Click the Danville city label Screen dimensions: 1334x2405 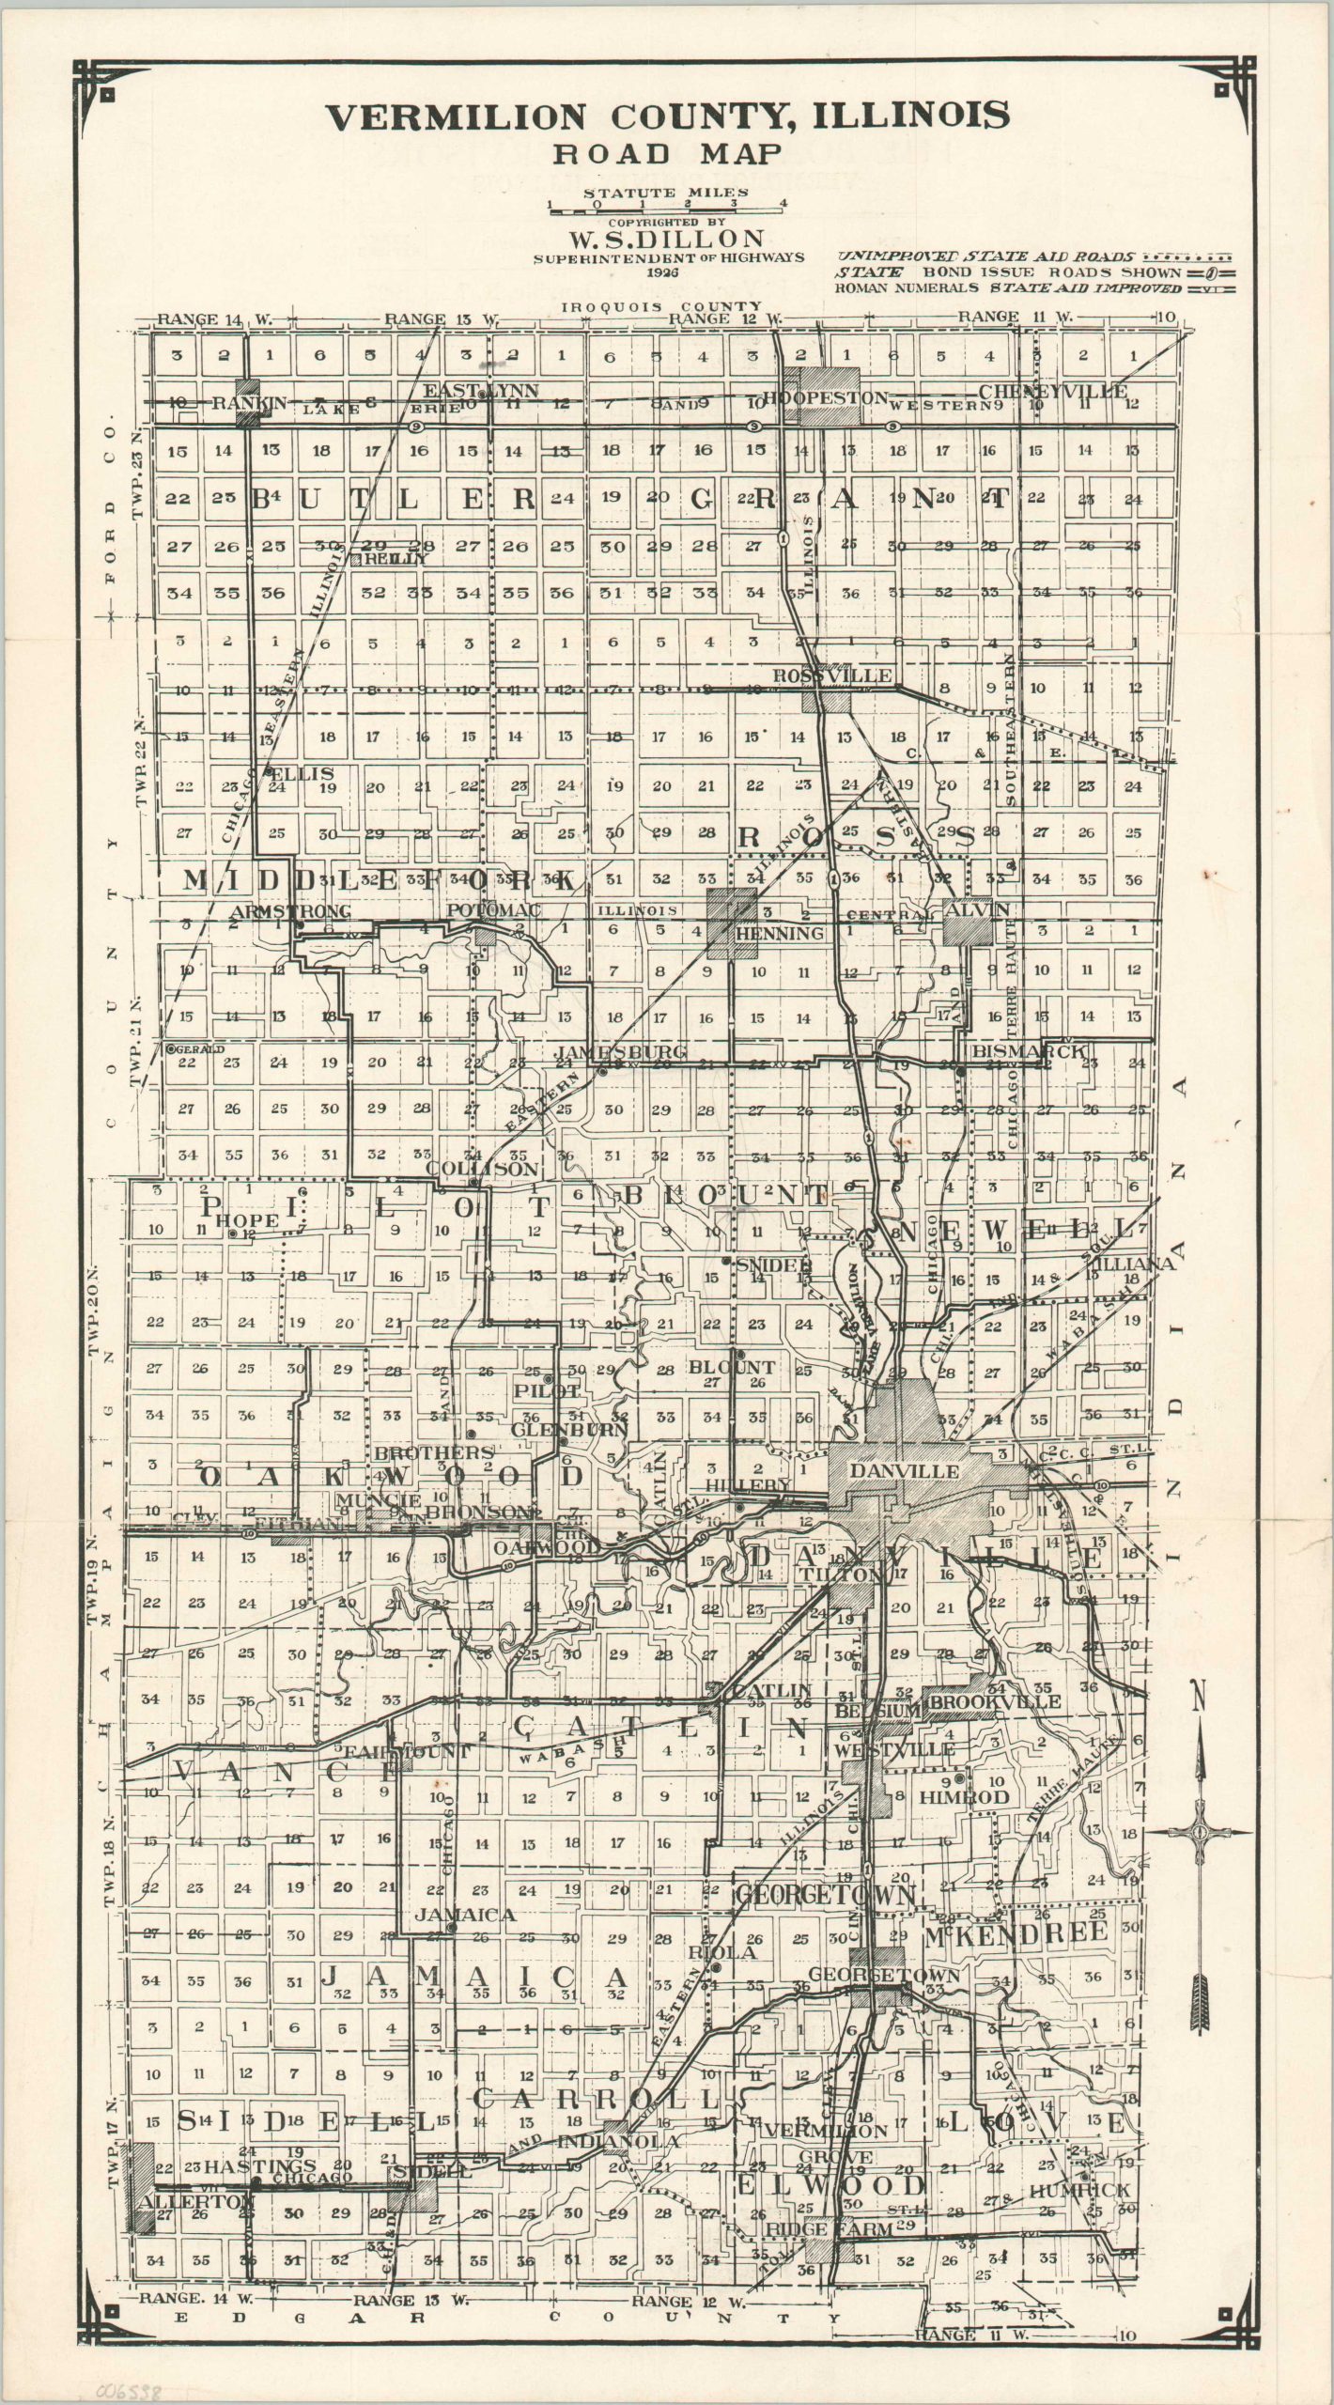(x=905, y=1471)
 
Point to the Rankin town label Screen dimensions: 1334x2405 (x=249, y=403)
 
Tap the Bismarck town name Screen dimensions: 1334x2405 (x=1030, y=1051)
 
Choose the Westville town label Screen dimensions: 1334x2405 (x=893, y=1750)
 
